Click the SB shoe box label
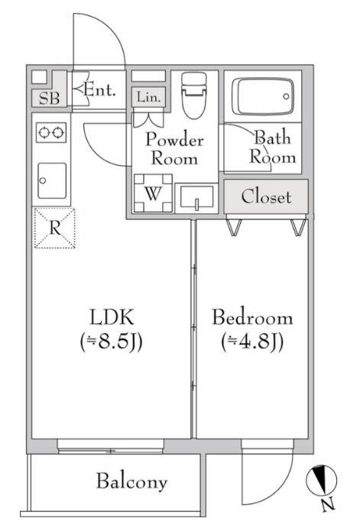49,98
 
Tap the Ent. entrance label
99,89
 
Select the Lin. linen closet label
148,97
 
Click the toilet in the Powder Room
193,96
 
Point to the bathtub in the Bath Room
263,96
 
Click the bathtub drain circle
286,96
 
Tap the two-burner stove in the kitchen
51,133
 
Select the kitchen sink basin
52,181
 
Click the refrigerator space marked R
55,228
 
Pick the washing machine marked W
153,193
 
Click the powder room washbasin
196,198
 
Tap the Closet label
266,197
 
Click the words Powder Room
174,149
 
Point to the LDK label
112,317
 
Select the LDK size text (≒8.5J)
112,342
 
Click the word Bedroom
252,317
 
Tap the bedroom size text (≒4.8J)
252,342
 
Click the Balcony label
131,481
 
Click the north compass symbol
322,480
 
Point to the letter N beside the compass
328,504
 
